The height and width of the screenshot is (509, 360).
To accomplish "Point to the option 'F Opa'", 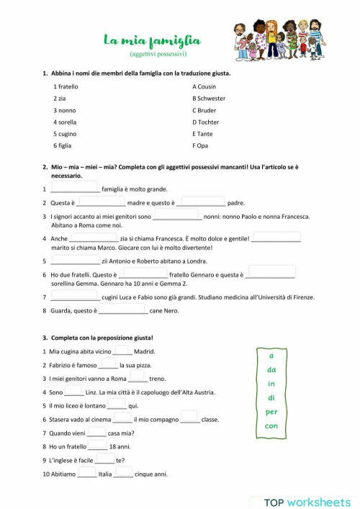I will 200,145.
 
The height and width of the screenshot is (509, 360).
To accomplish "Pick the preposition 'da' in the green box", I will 271,370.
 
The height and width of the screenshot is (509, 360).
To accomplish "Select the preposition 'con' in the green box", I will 271,425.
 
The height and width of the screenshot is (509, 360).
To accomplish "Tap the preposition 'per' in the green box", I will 271,412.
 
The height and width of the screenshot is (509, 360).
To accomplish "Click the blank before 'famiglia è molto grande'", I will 76,189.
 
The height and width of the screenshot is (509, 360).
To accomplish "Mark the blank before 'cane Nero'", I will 123,310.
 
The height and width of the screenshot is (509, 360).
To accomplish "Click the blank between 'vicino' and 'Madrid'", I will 122,351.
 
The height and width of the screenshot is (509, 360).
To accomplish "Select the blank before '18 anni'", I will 97,446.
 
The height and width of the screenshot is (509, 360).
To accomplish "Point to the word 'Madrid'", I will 145,352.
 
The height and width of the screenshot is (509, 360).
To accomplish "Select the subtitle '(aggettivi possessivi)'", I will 158,54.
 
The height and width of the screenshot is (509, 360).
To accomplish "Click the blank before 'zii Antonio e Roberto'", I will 76,261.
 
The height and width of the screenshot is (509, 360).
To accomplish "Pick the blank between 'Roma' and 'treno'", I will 138,379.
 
